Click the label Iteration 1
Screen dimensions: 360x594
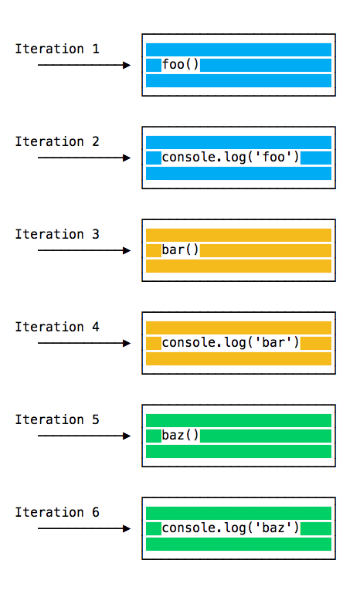(x=57, y=49)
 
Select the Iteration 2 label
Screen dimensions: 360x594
(x=57, y=141)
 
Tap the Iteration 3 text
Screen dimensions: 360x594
(x=57, y=234)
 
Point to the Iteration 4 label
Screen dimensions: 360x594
(x=57, y=327)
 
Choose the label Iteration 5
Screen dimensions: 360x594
(x=57, y=419)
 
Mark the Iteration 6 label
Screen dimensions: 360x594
(x=57, y=512)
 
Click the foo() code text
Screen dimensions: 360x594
(x=180, y=65)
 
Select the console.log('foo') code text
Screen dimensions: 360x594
(x=231, y=158)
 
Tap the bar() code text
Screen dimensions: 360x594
(x=180, y=250)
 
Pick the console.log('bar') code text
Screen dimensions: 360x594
(x=231, y=343)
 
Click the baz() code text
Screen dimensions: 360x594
(x=180, y=436)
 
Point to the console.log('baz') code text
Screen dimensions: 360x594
(x=231, y=528)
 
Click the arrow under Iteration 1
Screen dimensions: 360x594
(x=84, y=65)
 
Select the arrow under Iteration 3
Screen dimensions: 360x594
(x=84, y=250)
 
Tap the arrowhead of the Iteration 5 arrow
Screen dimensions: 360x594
(x=127, y=436)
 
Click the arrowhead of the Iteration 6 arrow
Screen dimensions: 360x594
(x=127, y=528)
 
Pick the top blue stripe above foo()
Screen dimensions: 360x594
(x=239, y=49)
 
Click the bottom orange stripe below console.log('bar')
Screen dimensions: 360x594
(x=239, y=358)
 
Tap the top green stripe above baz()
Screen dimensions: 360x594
(x=239, y=420)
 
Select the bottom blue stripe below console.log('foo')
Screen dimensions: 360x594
(x=239, y=174)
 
